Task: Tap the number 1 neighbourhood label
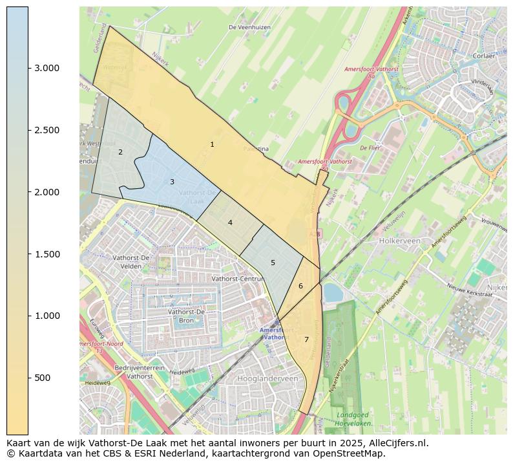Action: [x=212, y=144]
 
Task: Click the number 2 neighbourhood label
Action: [x=120, y=152]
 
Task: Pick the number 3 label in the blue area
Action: [x=172, y=182]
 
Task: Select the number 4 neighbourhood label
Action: [x=230, y=222]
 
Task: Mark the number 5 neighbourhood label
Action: [x=273, y=263]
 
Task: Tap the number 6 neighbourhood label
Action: [x=300, y=286]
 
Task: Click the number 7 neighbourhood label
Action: [x=306, y=340]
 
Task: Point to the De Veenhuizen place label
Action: [x=249, y=27]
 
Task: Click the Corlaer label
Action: [x=483, y=56]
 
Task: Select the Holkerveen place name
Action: [x=399, y=241]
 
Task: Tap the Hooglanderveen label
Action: [x=267, y=378]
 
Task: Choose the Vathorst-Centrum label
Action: [x=238, y=278]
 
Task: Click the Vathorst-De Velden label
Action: [x=131, y=261]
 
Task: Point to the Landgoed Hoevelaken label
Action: [x=353, y=418]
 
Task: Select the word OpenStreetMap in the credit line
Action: [x=351, y=453]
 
